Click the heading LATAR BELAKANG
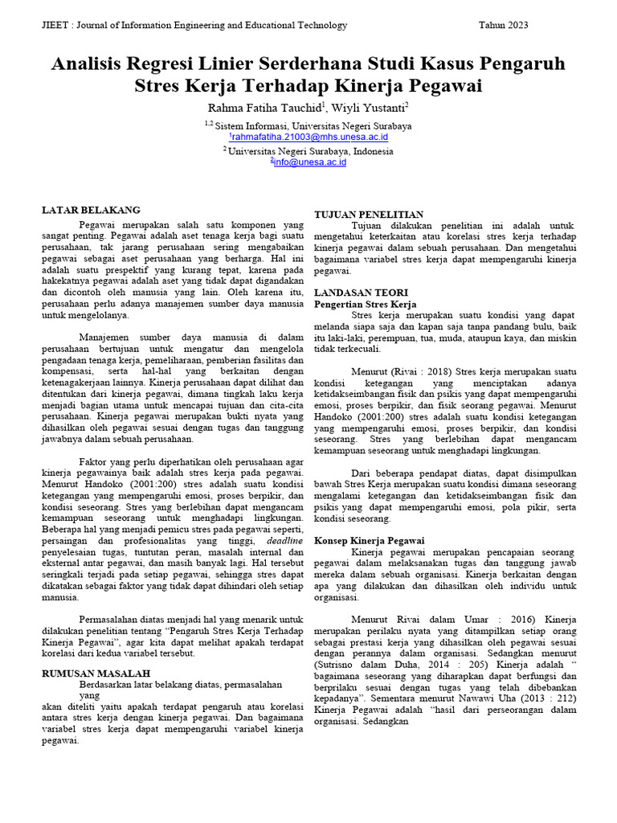tap(91, 210)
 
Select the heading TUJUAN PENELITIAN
tap(368, 215)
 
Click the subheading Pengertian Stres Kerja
tap(365, 305)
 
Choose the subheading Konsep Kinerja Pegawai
tap(369, 540)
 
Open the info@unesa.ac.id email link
tap(309, 162)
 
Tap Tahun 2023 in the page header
tap(504, 25)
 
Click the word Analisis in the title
tap(90, 63)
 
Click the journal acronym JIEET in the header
tap(55, 25)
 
